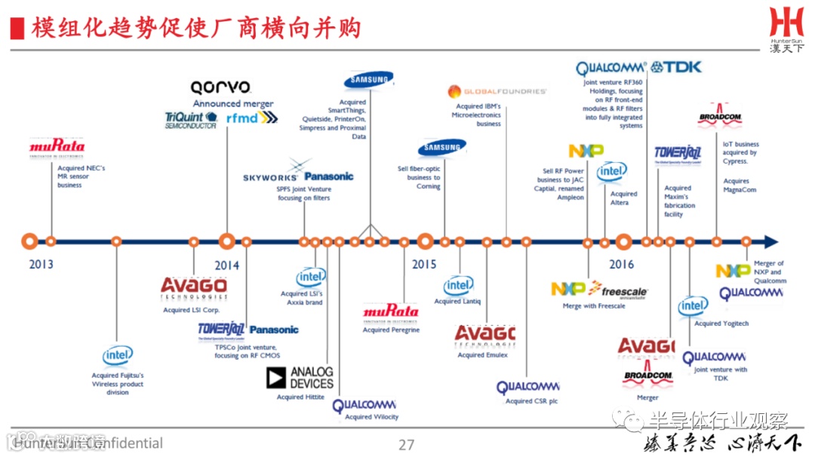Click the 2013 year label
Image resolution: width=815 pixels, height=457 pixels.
[41, 265]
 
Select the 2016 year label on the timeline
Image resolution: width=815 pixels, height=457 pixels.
[621, 265]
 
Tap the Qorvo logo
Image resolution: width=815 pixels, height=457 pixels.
[220, 87]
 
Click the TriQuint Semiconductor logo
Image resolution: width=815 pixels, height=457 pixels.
[191, 120]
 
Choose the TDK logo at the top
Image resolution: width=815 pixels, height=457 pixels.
[676, 67]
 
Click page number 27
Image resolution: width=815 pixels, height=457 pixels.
[406, 444]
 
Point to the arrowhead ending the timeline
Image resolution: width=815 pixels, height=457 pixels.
[770, 242]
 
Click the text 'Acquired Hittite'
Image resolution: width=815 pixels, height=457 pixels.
[300, 397]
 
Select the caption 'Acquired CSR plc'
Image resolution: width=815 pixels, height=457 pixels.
[531, 401]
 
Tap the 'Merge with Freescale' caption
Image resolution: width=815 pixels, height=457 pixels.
[594, 306]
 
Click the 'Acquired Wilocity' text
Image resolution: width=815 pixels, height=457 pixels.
[371, 417]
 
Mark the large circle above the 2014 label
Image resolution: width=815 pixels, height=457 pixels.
[226, 242]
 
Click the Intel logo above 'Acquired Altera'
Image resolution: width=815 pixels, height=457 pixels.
[612, 173]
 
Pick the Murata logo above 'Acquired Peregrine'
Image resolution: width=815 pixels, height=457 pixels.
[390, 311]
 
